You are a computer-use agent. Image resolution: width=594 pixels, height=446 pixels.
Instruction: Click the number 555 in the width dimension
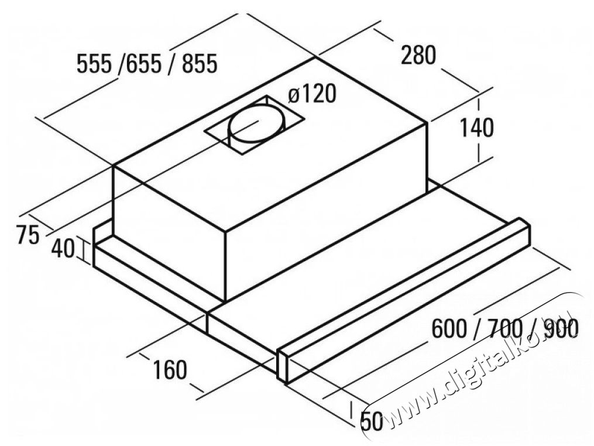[x=94, y=63]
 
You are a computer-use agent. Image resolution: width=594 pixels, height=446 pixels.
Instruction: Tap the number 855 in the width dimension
[x=199, y=63]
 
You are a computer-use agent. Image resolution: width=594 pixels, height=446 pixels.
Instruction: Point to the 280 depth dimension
[x=418, y=55]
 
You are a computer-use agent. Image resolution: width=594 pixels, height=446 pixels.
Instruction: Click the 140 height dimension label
[x=476, y=128]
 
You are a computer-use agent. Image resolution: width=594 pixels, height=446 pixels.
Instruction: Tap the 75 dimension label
[x=28, y=235]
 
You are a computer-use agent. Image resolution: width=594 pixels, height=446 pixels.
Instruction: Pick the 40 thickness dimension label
[x=63, y=249]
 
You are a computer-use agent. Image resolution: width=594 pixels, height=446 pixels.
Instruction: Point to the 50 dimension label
[x=372, y=421]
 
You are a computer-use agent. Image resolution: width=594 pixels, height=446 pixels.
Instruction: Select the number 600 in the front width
[x=449, y=329]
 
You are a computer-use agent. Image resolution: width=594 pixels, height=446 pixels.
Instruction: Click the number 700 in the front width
[x=504, y=329]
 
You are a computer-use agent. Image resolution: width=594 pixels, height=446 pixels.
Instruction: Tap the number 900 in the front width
[x=560, y=329]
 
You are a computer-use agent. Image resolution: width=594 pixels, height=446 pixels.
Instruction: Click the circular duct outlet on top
[x=256, y=124]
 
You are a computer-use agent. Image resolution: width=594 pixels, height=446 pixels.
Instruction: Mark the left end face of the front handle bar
[x=282, y=366]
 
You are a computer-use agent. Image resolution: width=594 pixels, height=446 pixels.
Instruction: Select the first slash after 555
[x=121, y=63]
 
